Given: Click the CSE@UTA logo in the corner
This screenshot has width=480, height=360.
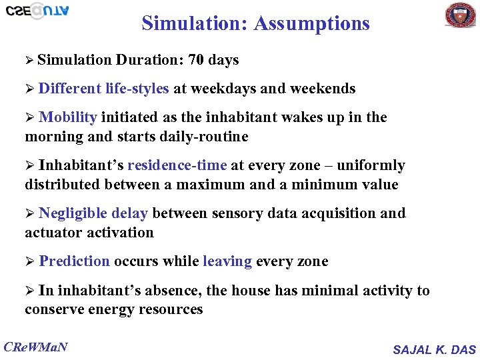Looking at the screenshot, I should click(37, 11).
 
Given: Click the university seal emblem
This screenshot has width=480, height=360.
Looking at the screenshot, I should click(460, 15).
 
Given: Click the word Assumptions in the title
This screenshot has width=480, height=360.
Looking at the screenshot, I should click(311, 23).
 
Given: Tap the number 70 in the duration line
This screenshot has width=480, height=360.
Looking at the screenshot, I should click(196, 60).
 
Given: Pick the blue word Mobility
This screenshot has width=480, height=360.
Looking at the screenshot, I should click(68, 117).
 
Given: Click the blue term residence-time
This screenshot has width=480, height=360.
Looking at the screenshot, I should click(177, 165).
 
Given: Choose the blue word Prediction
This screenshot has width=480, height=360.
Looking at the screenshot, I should click(74, 261).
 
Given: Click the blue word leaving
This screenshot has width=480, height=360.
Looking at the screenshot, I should click(227, 261).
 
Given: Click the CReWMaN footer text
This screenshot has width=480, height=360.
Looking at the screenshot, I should click(36, 346).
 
